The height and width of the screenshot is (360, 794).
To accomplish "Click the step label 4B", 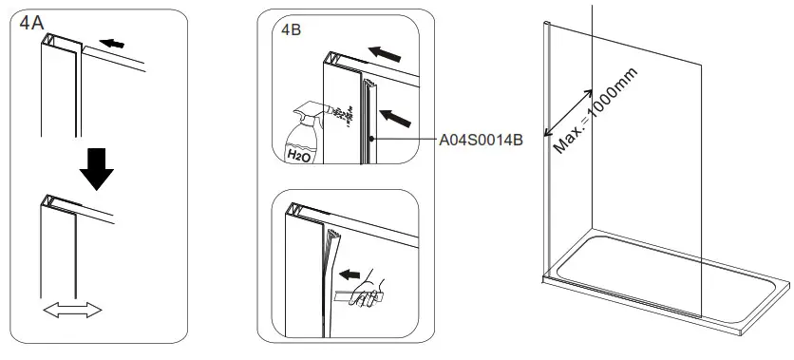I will click(291, 29).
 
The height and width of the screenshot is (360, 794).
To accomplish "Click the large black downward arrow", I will click(97, 168).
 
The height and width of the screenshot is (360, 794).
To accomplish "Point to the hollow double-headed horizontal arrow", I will click(72, 310).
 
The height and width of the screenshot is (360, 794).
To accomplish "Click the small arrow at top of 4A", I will click(111, 44).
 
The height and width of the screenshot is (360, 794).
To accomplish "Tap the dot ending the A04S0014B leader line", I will click(373, 140).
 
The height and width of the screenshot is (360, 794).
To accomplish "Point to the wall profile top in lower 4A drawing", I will click(55, 201).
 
